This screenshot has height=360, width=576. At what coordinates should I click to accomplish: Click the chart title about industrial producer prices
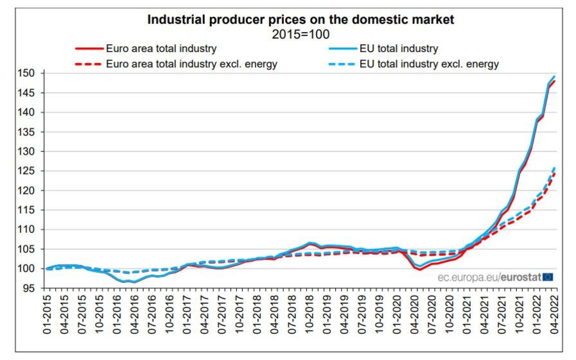pyautogui.click(x=301, y=20)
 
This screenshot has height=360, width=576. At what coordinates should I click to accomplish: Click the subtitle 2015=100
pyautogui.click(x=301, y=34)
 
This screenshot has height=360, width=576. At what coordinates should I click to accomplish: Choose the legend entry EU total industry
pyautogui.click(x=399, y=48)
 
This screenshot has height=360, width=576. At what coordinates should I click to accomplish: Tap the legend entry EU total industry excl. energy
pyautogui.click(x=429, y=64)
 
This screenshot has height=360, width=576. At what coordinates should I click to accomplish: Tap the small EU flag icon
pyautogui.click(x=548, y=277)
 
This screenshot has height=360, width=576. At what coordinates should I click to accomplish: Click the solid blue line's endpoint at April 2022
pyautogui.click(x=555, y=76)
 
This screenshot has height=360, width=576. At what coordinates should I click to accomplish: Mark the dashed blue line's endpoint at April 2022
pyautogui.click(x=555, y=167)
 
